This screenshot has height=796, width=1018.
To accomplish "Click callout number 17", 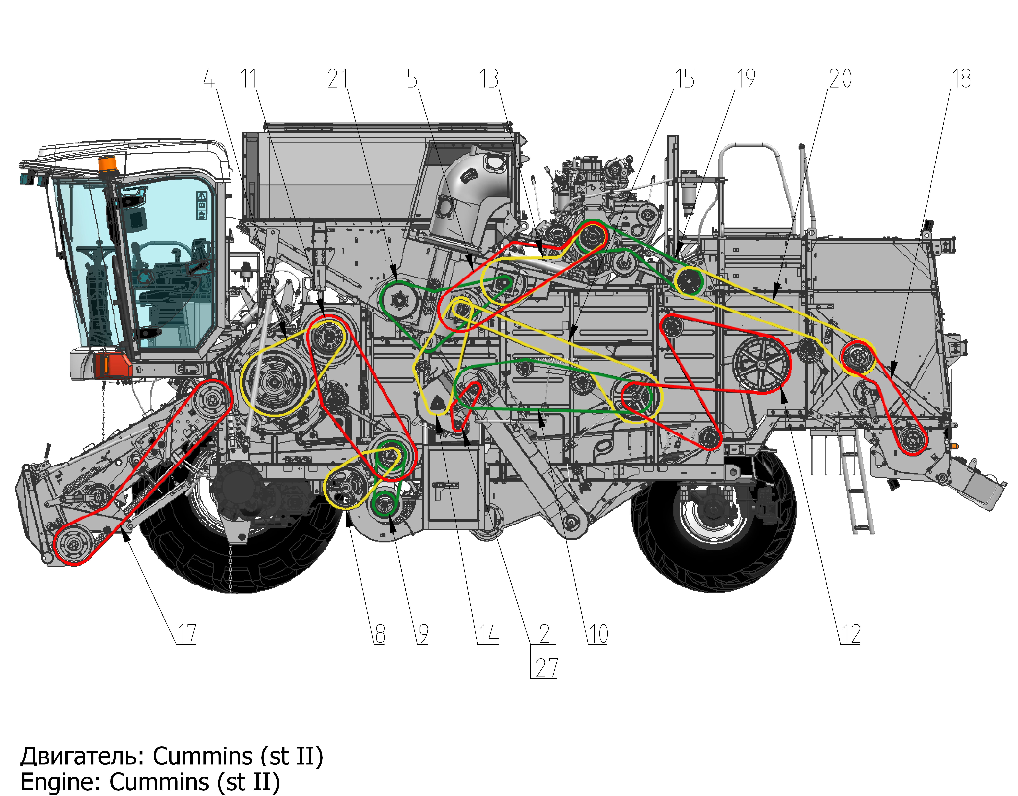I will [186, 634].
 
